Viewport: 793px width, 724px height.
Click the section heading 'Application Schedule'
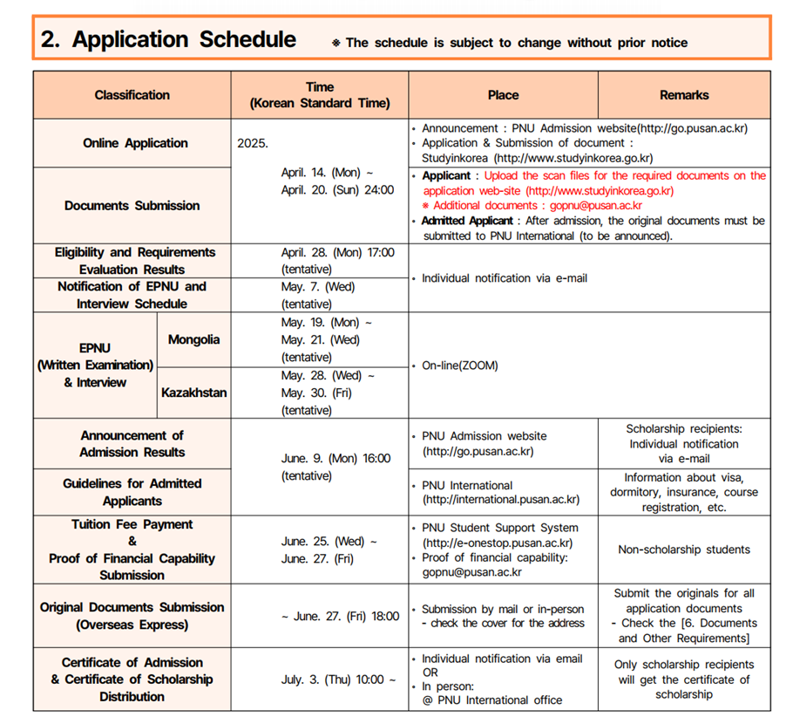coord(184,40)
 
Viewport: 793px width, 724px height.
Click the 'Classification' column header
coord(132,95)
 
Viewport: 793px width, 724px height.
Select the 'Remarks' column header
coord(684,95)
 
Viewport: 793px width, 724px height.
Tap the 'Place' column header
coord(503,95)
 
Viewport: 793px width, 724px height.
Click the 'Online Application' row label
coord(135,143)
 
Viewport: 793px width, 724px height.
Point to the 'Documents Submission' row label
coord(132,206)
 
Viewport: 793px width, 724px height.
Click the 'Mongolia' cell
coord(193,339)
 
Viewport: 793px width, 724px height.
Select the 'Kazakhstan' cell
coord(193,393)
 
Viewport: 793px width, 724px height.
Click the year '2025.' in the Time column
coord(253,143)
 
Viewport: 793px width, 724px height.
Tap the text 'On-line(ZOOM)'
coord(459,365)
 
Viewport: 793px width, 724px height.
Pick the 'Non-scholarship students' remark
coord(684,550)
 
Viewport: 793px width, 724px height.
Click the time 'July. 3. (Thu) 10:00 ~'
coord(338,680)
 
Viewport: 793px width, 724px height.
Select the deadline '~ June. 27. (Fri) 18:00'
coord(336,616)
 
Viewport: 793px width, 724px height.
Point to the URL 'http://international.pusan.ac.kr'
coord(501,500)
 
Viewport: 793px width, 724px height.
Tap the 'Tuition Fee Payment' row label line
coord(132,524)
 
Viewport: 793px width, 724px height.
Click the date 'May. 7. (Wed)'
coord(318,286)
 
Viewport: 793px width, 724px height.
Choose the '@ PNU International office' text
coord(492,700)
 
